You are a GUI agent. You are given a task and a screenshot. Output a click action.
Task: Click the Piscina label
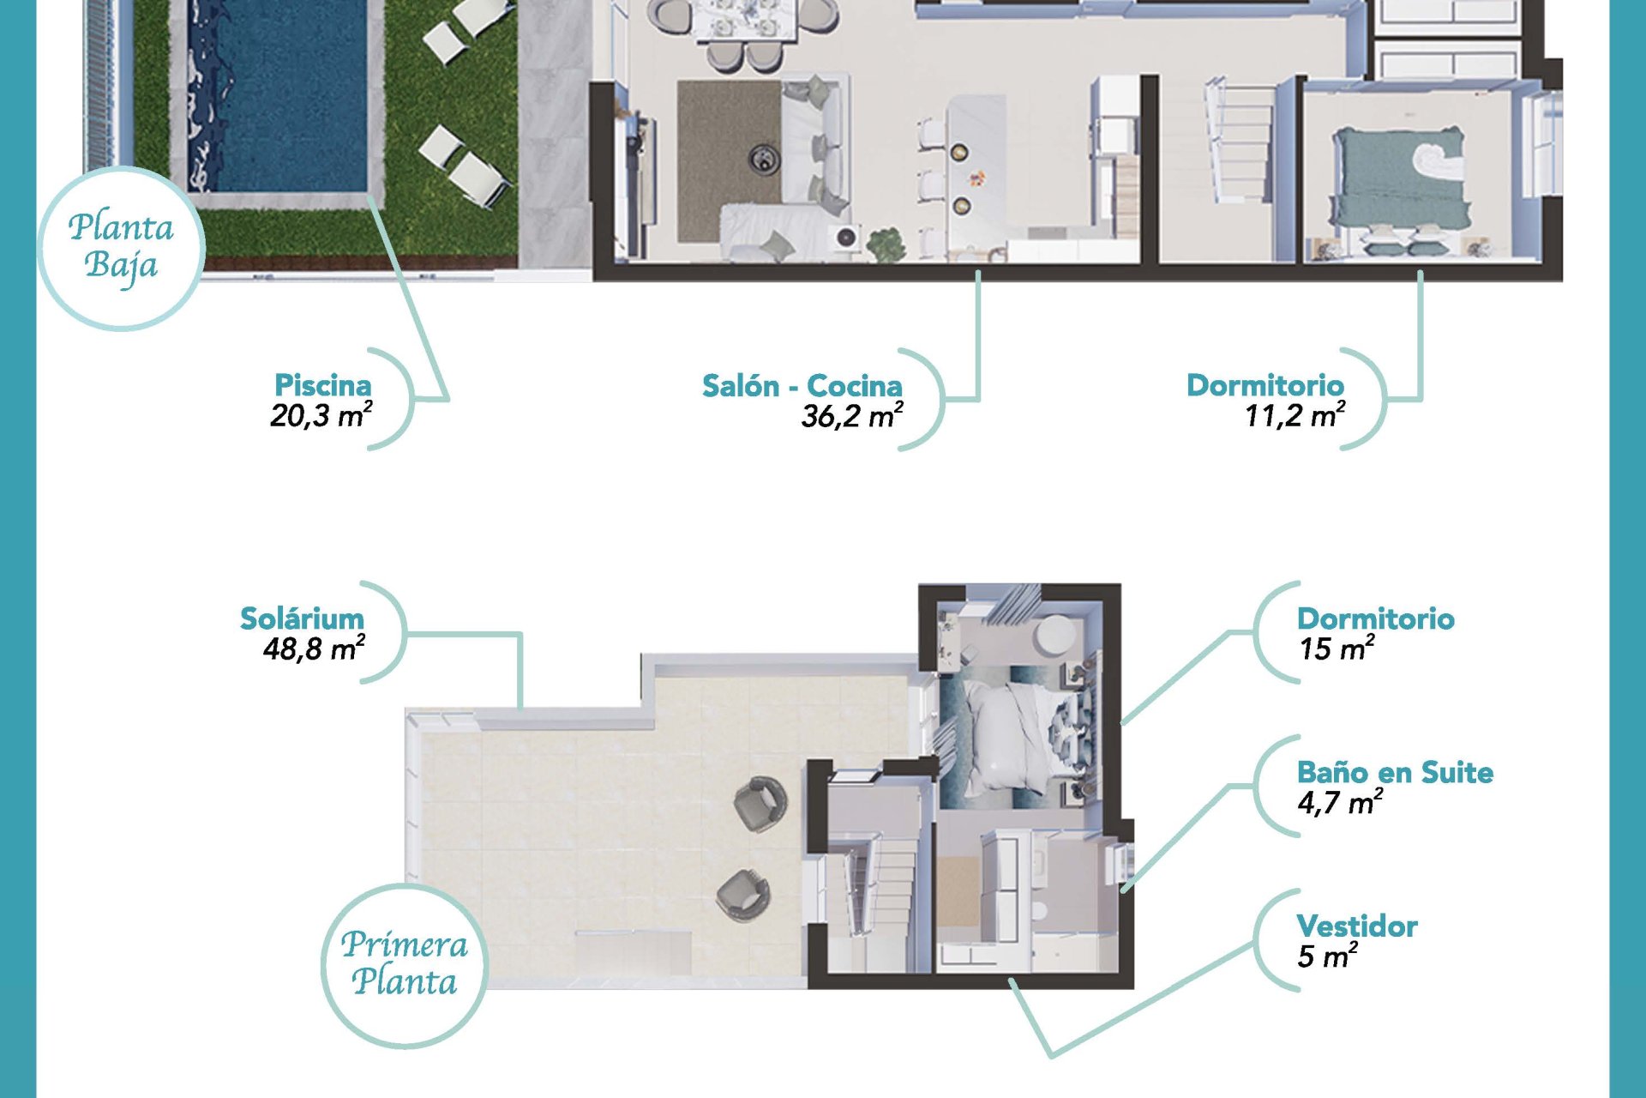tap(322, 385)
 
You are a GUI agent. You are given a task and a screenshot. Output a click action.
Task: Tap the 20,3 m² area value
tap(321, 415)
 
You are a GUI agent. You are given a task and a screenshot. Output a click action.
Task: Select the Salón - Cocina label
tap(802, 386)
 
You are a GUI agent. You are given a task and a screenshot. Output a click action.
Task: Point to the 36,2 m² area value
tap(852, 416)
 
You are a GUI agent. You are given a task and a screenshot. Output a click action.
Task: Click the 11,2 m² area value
tap(1295, 415)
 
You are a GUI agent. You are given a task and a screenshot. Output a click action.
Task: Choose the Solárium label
tap(302, 618)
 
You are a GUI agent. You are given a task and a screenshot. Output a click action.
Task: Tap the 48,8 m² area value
tap(315, 649)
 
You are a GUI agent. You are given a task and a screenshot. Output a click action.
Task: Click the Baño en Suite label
tap(1395, 772)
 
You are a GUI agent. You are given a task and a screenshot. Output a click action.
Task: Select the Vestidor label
tap(1357, 926)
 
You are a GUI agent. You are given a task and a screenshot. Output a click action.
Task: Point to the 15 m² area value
tap(1337, 649)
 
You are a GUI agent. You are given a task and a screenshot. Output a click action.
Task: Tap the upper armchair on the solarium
tap(760, 803)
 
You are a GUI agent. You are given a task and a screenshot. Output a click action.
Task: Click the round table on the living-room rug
tap(763, 158)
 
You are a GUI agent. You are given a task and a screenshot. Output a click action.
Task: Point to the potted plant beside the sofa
tap(886, 244)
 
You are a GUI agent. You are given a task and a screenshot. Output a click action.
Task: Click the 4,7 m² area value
tap(1340, 802)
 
